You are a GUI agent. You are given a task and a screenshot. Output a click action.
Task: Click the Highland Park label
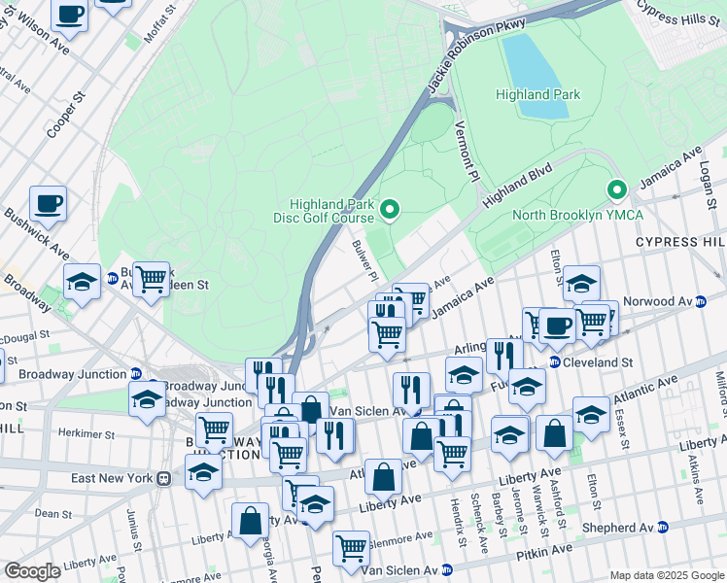537,94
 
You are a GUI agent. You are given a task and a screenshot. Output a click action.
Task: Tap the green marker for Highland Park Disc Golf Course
390,209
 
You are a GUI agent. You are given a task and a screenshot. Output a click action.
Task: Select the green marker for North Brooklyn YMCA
614,190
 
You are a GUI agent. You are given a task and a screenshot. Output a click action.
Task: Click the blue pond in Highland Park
534,74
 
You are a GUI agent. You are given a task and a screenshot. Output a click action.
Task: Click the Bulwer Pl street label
364,261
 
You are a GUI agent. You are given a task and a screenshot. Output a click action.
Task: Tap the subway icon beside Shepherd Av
663,528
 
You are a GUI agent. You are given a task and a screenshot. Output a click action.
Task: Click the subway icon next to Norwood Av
700,302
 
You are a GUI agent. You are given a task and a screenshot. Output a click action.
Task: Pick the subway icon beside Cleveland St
553,362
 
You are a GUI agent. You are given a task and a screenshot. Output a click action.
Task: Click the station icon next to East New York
164,478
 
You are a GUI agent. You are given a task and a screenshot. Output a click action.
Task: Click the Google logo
32,571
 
